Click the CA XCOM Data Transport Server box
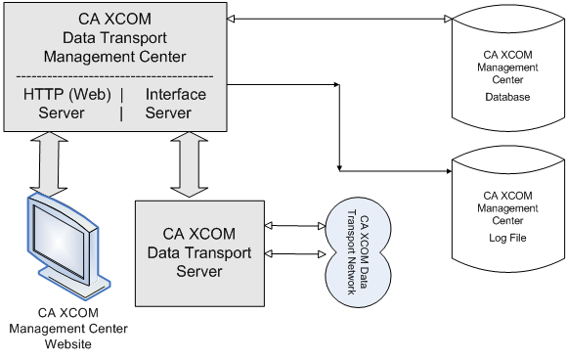click(x=199, y=252)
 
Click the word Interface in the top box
click(x=176, y=95)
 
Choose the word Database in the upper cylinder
click(x=507, y=98)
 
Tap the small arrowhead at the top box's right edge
click(x=231, y=19)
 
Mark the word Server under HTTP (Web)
click(x=62, y=112)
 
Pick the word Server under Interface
click(x=169, y=112)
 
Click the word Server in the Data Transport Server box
click(x=199, y=271)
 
